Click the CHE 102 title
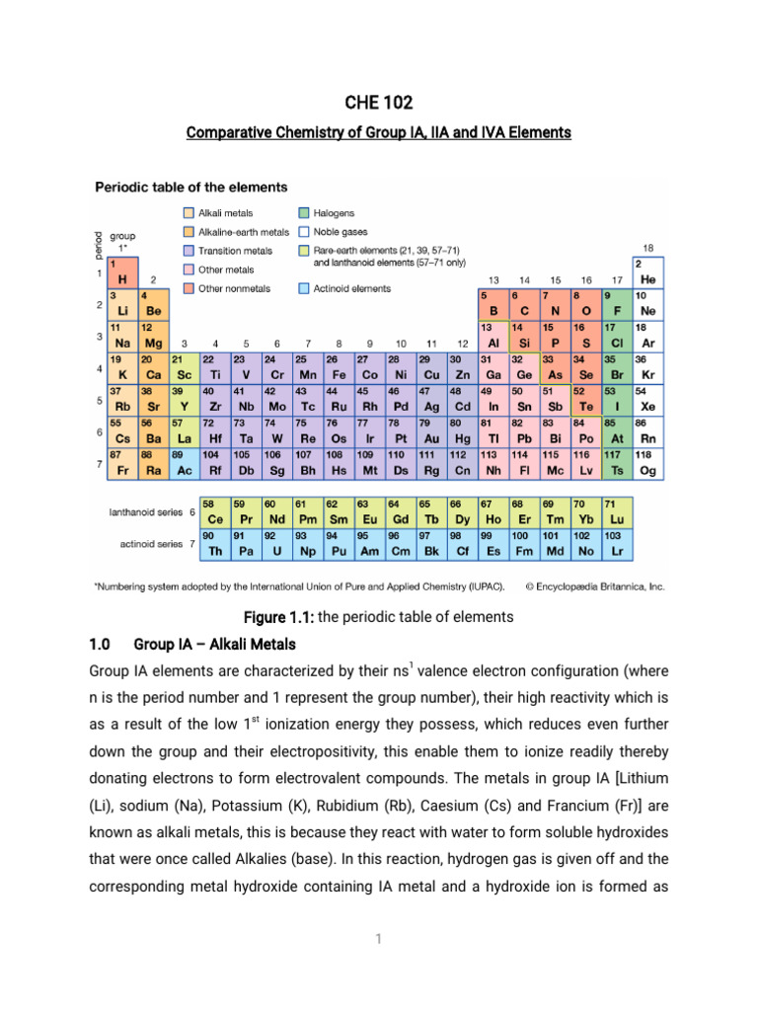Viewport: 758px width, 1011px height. pyautogui.click(x=379, y=103)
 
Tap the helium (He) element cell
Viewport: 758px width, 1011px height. pyautogui.click(x=648, y=272)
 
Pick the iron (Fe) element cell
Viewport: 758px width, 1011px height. pyautogui.click(x=338, y=369)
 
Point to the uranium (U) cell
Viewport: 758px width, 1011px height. pyautogui.click(x=276, y=543)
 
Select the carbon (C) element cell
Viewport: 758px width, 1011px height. pyautogui.click(x=524, y=305)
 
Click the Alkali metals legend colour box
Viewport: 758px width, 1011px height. pyautogui.click(x=188, y=212)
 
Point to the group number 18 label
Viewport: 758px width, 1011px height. pyautogui.click(x=648, y=247)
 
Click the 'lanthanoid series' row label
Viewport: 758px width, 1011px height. pyautogui.click(x=143, y=511)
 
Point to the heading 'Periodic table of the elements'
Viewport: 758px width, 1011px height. pyautogui.click(x=190, y=186)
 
